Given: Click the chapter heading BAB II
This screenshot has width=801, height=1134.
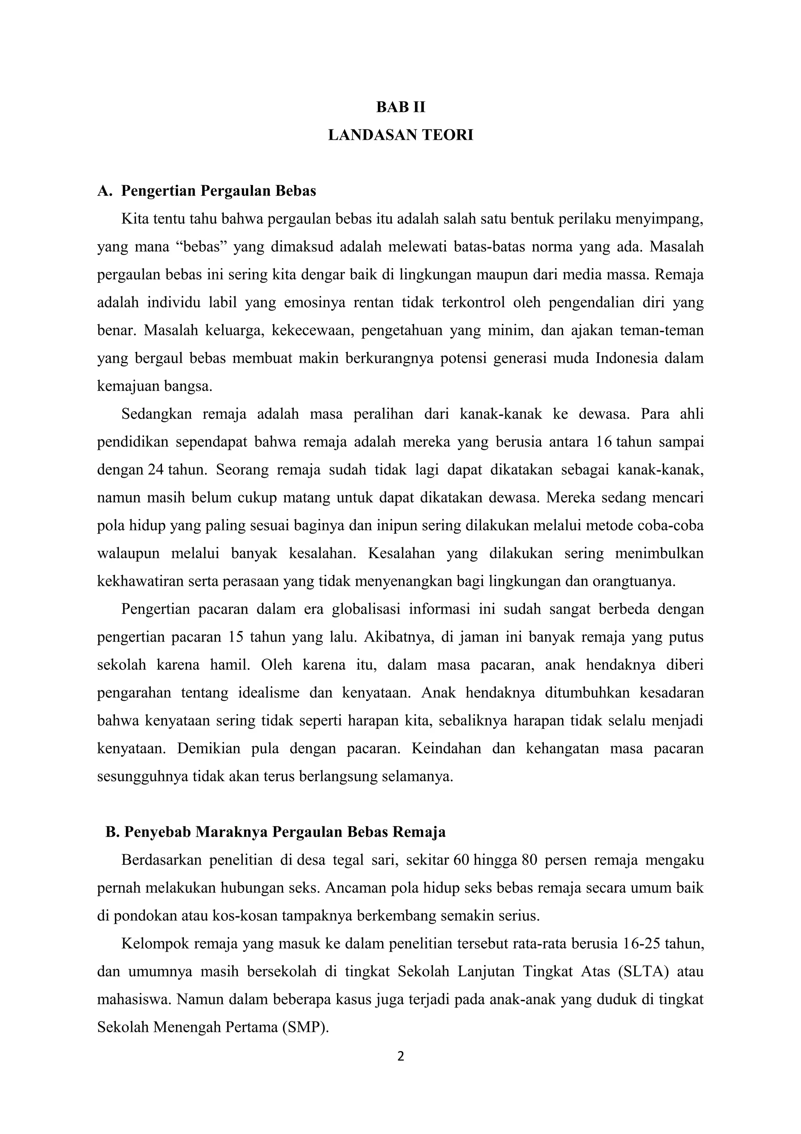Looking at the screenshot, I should (x=400, y=107).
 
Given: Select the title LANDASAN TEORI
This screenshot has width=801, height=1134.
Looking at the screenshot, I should (x=400, y=135).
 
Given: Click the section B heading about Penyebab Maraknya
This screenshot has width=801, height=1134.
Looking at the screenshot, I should (x=275, y=832).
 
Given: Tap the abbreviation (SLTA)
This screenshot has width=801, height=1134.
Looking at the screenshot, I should (x=643, y=972).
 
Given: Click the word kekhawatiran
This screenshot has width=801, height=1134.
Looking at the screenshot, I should (x=140, y=581).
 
